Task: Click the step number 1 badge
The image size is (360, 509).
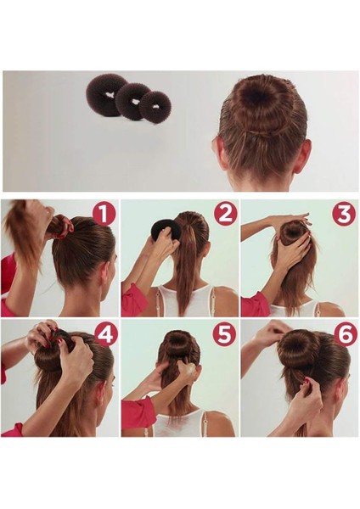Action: (x=104, y=215)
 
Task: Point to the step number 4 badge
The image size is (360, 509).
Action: (x=105, y=334)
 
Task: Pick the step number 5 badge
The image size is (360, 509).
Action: (x=224, y=334)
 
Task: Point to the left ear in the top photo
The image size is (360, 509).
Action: (x=217, y=151)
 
